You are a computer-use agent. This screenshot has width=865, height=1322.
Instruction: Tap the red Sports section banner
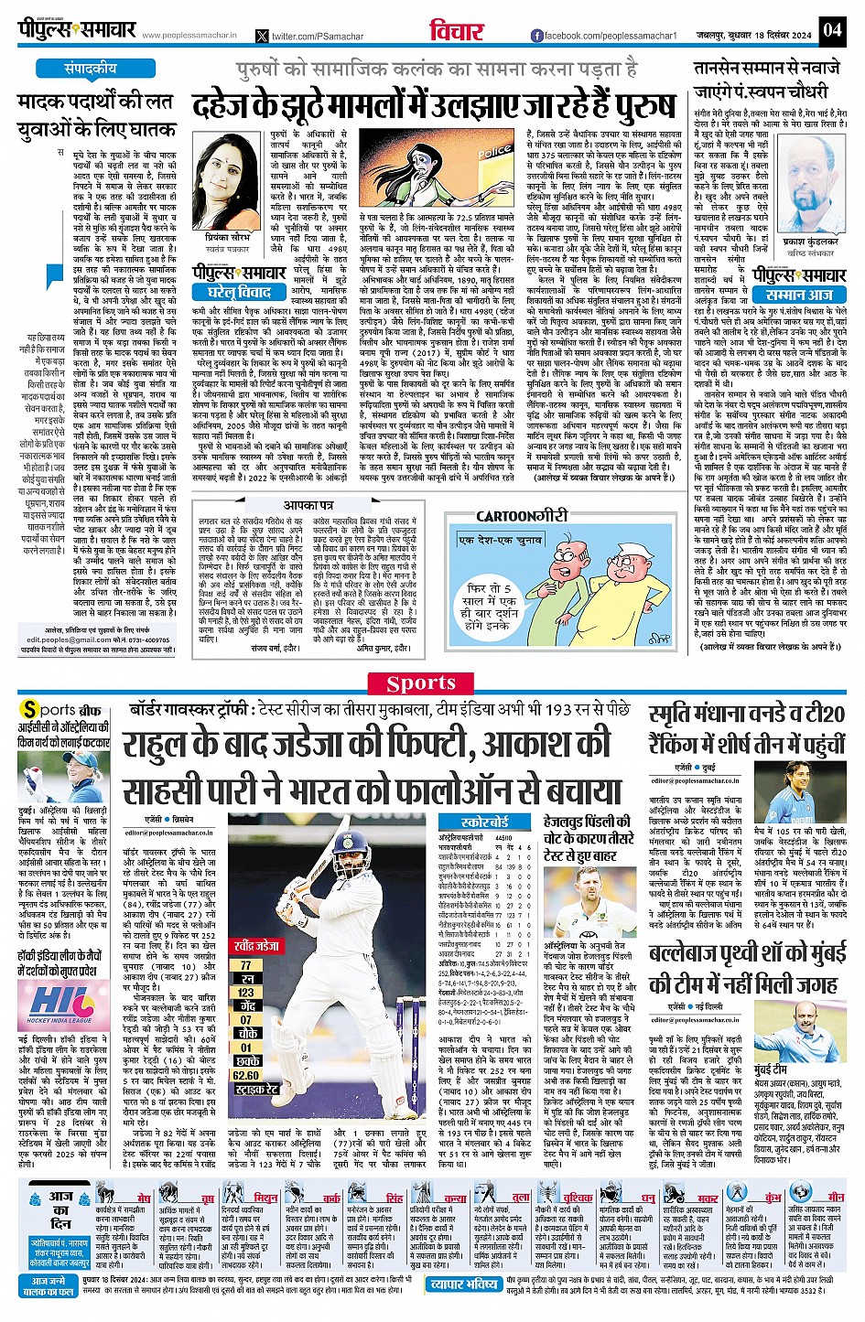click(421, 682)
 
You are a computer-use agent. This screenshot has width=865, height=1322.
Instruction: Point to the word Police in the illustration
click(494, 151)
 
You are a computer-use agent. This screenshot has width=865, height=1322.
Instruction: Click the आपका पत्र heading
click(307, 504)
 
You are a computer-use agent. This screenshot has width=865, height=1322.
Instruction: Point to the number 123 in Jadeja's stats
click(246, 992)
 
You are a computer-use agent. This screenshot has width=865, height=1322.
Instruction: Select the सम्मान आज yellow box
click(798, 295)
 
